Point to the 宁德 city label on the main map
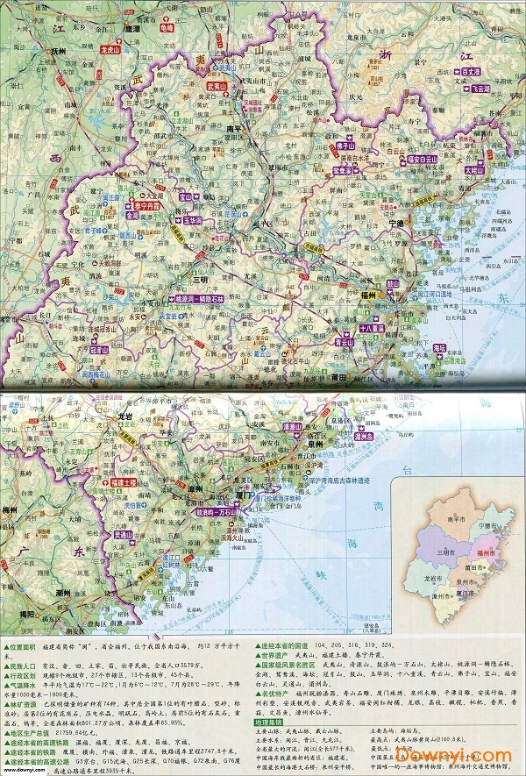[395, 224]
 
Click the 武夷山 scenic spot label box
[217, 87]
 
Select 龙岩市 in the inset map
[431, 580]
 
